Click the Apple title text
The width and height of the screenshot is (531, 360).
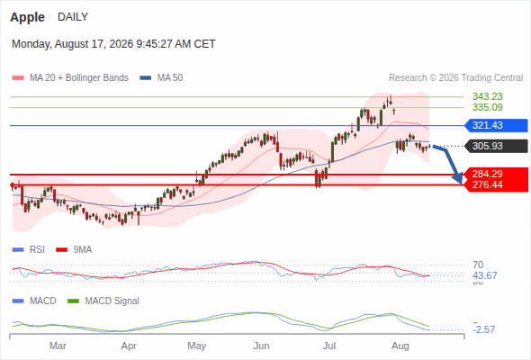[x=27, y=17]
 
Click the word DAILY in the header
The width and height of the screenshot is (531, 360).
[x=73, y=17]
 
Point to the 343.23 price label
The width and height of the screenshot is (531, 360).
[x=487, y=96]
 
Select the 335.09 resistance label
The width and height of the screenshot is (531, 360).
[x=487, y=107]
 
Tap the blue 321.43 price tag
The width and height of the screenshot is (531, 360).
[x=496, y=125]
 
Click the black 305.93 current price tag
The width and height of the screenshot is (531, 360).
[x=496, y=146]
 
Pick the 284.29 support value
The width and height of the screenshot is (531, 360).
[x=487, y=174]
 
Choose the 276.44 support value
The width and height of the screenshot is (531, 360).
[x=487, y=184]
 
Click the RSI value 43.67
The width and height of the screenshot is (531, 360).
[x=485, y=275]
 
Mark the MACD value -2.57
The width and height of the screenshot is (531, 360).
[x=484, y=329]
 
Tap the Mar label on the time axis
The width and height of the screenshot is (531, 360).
[x=58, y=346]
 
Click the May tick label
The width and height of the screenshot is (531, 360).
[x=196, y=346]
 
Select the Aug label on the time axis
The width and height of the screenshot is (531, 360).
[x=400, y=346]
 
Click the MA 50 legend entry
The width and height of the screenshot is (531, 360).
[x=161, y=78]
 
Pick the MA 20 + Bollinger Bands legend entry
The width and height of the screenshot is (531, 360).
[x=70, y=78]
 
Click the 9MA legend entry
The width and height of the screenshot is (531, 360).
[x=74, y=250]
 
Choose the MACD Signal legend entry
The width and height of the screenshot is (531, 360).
[x=103, y=301]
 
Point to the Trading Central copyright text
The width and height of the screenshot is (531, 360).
[x=455, y=78]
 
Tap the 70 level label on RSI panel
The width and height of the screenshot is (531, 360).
[x=478, y=265]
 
